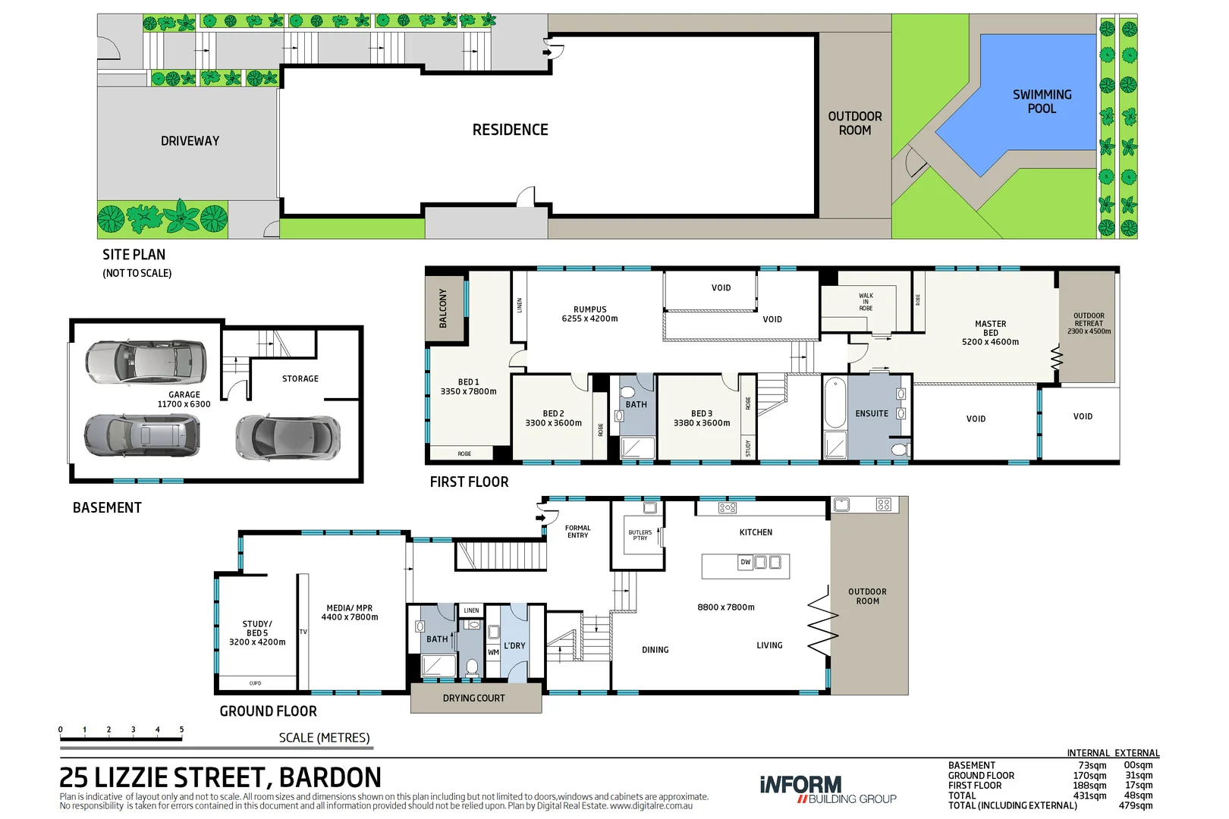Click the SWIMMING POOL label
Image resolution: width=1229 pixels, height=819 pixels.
pos(1042,101)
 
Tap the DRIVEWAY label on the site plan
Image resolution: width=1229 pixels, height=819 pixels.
pos(190,141)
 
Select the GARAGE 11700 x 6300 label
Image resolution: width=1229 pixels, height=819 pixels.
pos(184,400)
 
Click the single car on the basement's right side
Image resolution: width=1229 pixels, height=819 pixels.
pos(288,438)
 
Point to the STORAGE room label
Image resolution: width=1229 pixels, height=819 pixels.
pos(300,378)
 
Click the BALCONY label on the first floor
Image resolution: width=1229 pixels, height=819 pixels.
pos(444,308)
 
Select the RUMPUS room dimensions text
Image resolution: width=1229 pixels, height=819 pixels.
pos(589,318)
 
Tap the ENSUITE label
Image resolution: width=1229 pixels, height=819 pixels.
pos(872,414)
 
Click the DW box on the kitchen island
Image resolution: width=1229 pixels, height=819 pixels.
pos(746,562)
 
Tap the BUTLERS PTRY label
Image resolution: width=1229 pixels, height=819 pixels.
pos(640,535)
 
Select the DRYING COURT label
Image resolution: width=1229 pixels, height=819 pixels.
pos(473,698)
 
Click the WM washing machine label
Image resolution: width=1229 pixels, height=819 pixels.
pos(493,652)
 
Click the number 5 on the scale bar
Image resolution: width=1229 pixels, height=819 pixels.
pos(181,730)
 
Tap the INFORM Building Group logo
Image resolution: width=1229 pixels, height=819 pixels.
pos(827,789)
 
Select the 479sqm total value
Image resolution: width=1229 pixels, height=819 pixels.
pos(1135,805)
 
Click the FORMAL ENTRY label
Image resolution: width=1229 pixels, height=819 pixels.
pos(577,532)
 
